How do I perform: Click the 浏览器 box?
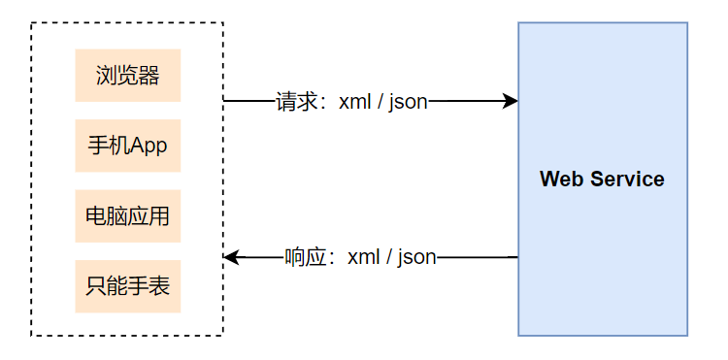(128, 76)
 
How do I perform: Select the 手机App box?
(128, 146)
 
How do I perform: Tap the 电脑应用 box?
(128, 215)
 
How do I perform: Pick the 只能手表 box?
(128, 285)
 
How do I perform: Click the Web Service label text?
(602, 180)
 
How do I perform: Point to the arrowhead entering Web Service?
(511, 101)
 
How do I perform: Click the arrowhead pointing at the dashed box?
(231, 257)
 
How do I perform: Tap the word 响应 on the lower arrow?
(306, 257)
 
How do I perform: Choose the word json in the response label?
(417, 257)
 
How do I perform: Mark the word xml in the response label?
(364, 257)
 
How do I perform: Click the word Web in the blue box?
(559, 180)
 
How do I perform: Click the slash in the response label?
(390, 257)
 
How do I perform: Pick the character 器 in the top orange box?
(149, 76)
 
